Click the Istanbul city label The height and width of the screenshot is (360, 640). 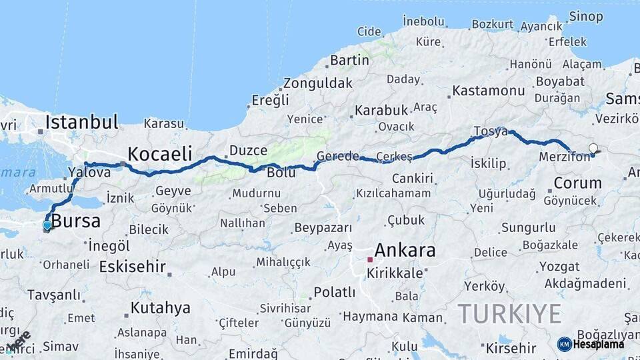(x=81, y=122)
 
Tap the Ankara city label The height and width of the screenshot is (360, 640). (x=405, y=251)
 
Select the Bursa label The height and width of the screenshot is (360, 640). (x=76, y=221)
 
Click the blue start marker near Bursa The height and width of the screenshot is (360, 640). (x=47, y=225)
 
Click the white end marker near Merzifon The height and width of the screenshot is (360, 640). (x=593, y=149)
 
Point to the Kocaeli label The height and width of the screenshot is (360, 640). (x=159, y=153)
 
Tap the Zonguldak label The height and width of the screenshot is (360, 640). (x=317, y=84)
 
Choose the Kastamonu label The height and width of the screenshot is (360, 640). (x=489, y=90)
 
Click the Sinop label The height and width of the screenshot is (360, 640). (x=586, y=17)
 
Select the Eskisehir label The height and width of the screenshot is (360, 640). (x=132, y=267)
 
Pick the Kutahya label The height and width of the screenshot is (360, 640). (x=160, y=308)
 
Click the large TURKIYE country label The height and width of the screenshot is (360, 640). (x=510, y=313)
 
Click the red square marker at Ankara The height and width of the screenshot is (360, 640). (x=370, y=259)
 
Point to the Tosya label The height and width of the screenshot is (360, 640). (x=490, y=131)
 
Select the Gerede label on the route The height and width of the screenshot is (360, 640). (x=337, y=156)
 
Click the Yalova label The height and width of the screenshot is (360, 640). (x=90, y=173)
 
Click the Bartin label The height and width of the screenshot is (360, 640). (x=349, y=61)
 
